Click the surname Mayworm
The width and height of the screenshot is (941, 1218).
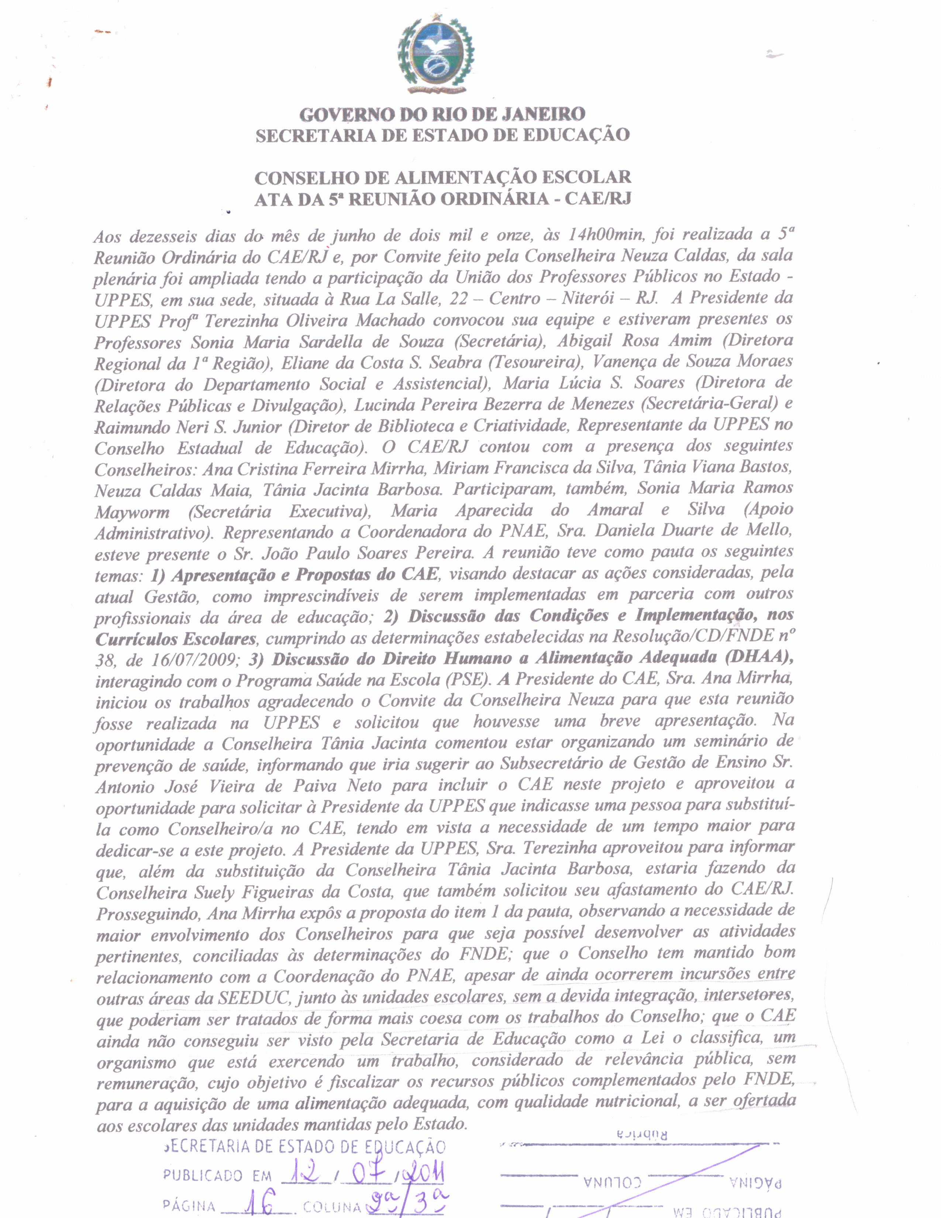[x=132, y=512]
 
